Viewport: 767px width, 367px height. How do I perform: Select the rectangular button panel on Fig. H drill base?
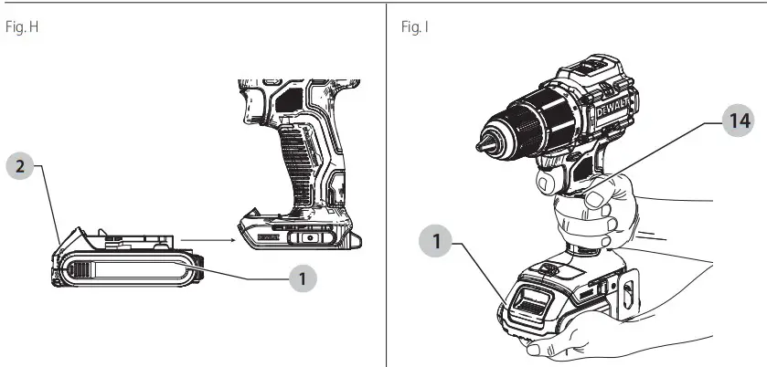[311, 236]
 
